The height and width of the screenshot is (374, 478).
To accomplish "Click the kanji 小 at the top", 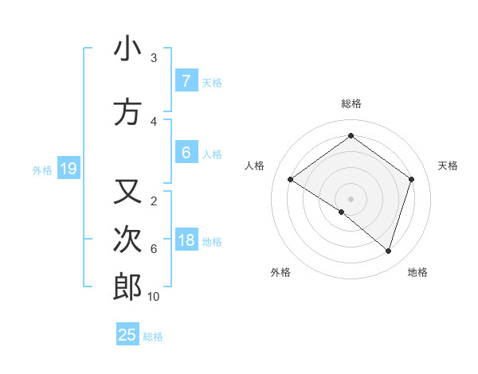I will coord(127,49).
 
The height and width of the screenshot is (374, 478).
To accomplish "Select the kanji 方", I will coord(127,112).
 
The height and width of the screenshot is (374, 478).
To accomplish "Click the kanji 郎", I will coord(127,286).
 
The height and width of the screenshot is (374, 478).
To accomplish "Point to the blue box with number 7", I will coord(186,81).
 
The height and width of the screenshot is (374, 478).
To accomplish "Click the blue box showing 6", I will coord(186,153).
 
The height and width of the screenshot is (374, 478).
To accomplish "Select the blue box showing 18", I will coord(186,240).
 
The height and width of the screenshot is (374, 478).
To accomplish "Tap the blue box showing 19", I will coord(69,169).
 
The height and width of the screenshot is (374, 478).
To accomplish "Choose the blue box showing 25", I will coord(127,335).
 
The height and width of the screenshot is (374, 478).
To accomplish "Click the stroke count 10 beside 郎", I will coord(154,297).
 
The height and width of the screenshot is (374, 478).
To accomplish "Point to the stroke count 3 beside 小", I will coord(153,58).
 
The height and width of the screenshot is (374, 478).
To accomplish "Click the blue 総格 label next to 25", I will coord(153,337).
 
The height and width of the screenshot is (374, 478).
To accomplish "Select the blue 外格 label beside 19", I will coord(41,169).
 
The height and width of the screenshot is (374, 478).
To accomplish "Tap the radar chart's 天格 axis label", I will coord(448,166).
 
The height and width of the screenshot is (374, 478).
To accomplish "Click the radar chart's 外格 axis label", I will coord(280,272).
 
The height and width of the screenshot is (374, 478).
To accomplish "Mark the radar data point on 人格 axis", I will coord(290,180).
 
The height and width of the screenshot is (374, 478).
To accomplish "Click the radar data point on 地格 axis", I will coord(388,251).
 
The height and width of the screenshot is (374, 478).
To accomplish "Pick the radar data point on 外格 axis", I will coord(341,212).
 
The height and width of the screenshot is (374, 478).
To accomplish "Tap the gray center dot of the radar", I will coord(351,198).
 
